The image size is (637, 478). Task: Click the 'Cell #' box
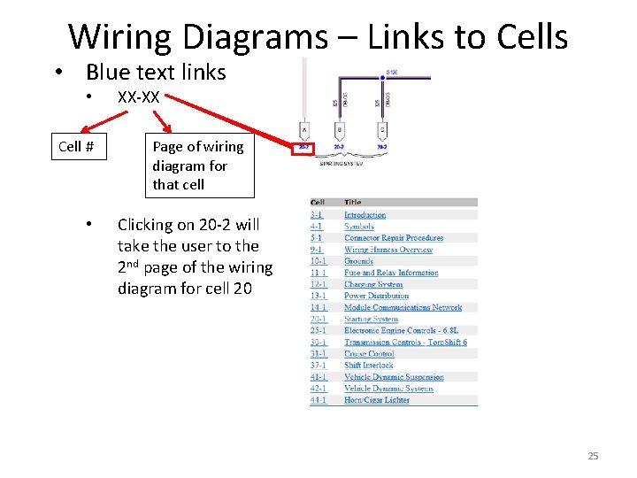coord(76,146)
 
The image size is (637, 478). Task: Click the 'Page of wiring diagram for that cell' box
coord(197,166)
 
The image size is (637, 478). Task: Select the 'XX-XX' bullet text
coord(138,97)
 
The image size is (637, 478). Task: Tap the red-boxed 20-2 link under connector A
coord(303,148)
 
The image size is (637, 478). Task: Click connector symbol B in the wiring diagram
coord(340,129)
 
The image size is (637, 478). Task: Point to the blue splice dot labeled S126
coord(382,78)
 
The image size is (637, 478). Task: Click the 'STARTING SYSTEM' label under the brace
coord(340,163)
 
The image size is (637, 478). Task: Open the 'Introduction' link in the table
coord(365,215)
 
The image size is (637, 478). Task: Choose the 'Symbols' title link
coord(359,227)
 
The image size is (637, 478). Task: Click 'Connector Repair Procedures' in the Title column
coord(394,238)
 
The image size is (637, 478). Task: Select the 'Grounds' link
coord(359,261)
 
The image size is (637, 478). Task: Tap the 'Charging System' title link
coord(373,284)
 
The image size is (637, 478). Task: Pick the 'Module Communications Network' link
coord(403,307)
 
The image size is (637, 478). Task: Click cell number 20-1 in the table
coord(318,319)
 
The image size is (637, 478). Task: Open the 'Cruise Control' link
coord(369,353)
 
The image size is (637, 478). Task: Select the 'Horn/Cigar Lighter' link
coord(377,399)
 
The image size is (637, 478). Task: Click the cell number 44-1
coord(318,399)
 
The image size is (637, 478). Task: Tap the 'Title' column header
coord(353,203)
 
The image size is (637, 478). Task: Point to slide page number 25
coord(593,456)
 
